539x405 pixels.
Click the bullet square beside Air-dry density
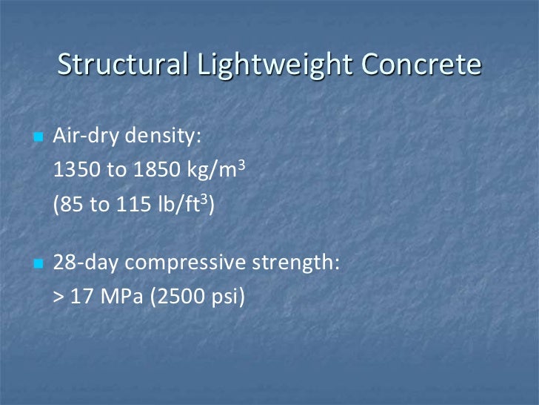click(39, 138)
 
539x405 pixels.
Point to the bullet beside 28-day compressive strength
click(39, 263)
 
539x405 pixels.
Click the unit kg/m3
click(218, 171)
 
